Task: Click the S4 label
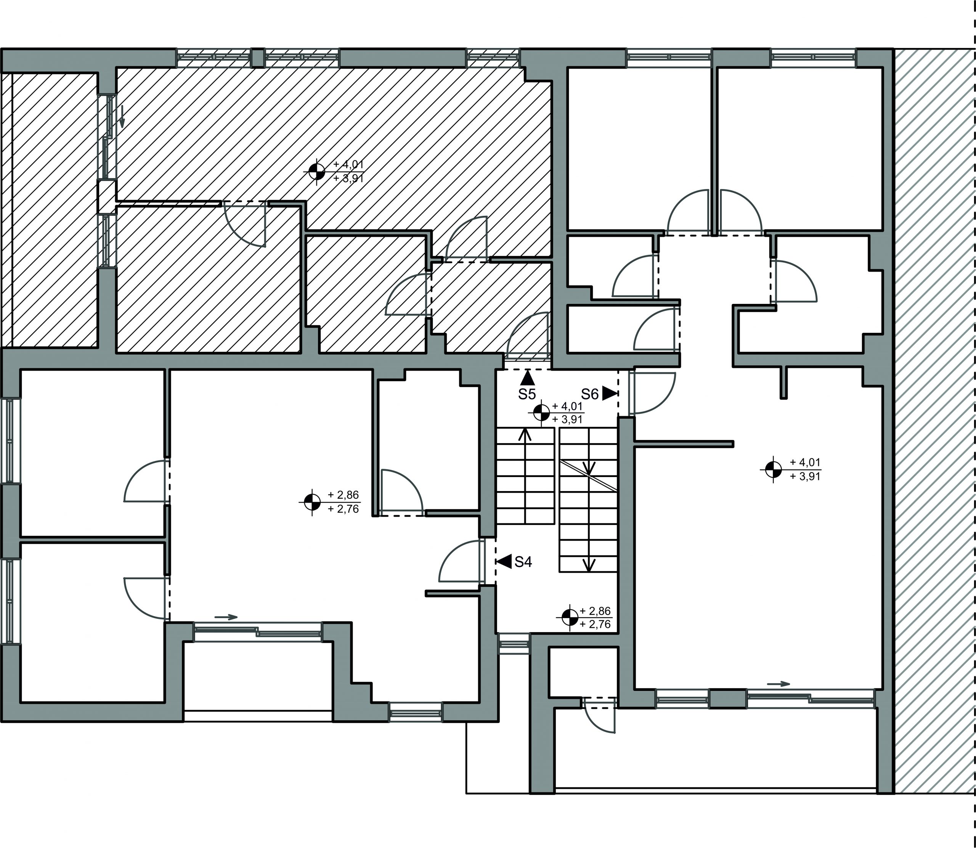pos(523,562)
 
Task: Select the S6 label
pos(590,394)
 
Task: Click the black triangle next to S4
pos(504,561)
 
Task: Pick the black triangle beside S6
pos(609,394)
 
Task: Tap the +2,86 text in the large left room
pos(344,495)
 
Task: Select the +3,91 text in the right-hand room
pos(805,477)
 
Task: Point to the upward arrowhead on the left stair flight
pos(525,434)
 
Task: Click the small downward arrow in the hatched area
pos(122,117)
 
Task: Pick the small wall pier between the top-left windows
pos(257,58)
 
